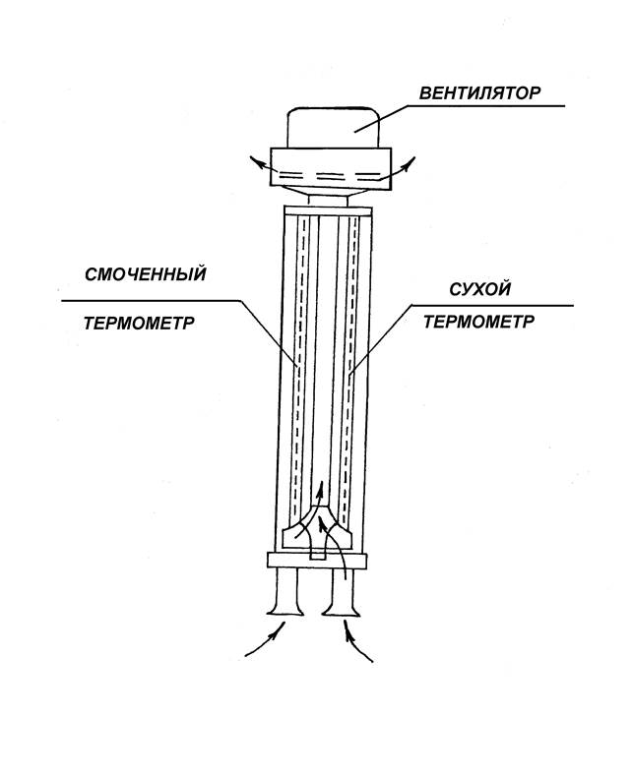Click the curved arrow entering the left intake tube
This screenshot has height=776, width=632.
pyautogui.click(x=266, y=638)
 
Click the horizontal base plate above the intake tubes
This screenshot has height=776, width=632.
pyautogui.click(x=317, y=561)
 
